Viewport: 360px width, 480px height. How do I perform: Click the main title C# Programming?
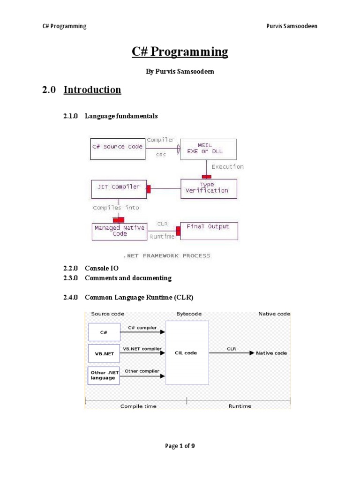[x=180, y=52]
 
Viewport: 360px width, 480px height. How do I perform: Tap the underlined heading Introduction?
[x=92, y=90]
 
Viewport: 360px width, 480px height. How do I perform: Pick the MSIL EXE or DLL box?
[x=209, y=149]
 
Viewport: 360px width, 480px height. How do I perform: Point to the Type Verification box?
[x=209, y=188]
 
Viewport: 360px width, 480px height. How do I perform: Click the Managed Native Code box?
[x=120, y=231]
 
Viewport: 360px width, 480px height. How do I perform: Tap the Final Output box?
[x=208, y=230]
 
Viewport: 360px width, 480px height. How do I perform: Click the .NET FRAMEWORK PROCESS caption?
[x=167, y=256]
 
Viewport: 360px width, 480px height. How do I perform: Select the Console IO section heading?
[x=102, y=269]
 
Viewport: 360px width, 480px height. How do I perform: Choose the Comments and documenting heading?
[x=128, y=278]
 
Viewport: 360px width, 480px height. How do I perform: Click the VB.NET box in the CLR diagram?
[x=104, y=353]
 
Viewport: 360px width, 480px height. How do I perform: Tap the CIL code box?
[x=186, y=353]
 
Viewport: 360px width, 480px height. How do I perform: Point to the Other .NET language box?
[x=104, y=375]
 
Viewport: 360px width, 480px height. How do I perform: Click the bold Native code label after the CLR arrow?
[x=272, y=353]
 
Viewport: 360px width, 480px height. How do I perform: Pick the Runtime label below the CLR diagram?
[x=240, y=406]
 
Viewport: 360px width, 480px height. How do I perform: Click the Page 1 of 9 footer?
[x=180, y=446]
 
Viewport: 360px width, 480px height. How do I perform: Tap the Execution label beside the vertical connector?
[x=227, y=166]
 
